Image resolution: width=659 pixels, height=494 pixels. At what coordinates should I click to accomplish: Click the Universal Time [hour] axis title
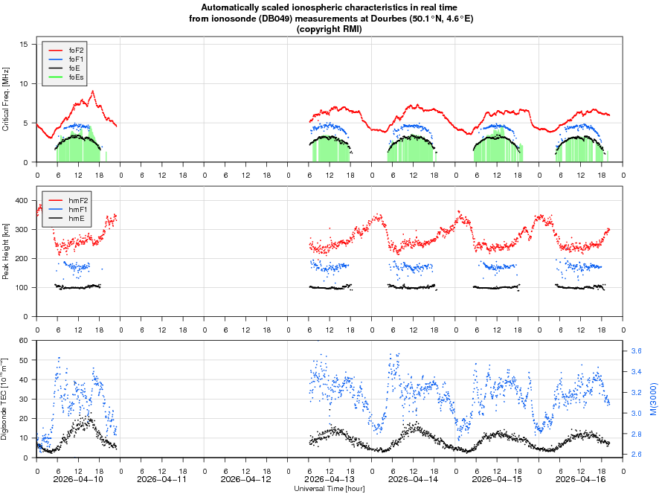(329, 489)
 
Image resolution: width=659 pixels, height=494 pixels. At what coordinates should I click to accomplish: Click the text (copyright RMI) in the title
(329, 29)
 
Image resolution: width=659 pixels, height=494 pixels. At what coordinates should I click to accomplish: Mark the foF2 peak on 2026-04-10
(92, 91)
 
